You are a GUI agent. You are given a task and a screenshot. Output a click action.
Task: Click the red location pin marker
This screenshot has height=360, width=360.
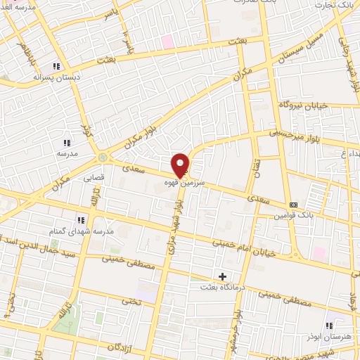pyautogui.click(x=181, y=165)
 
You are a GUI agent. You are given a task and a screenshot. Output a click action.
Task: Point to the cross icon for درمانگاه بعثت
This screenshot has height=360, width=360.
pyautogui.click(x=223, y=276)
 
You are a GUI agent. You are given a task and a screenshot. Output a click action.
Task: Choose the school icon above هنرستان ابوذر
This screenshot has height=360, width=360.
pyautogui.click(x=329, y=325)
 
